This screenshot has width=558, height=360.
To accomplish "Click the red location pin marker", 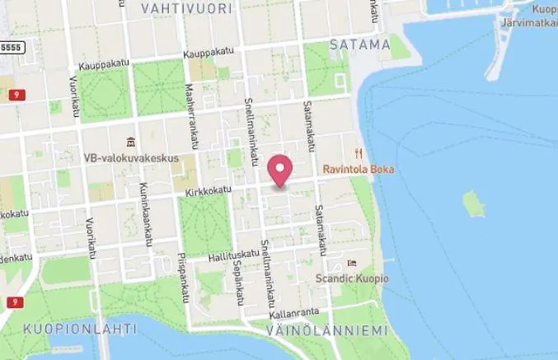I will [x=281, y=171].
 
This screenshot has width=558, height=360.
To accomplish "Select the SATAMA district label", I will [x=359, y=44].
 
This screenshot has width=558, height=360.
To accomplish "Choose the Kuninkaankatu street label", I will [x=148, y=214].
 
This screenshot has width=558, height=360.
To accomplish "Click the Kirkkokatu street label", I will [x=205, y=190].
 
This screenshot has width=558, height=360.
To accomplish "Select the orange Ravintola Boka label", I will [x=359, y=170].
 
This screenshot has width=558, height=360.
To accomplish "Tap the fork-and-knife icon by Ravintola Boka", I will [x=358, y=153].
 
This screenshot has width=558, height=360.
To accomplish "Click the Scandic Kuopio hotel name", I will [x=352, y=278].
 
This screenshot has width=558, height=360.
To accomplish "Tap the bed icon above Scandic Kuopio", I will [x=352, y=263].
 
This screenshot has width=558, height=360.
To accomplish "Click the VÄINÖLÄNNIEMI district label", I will [x=326, y=330].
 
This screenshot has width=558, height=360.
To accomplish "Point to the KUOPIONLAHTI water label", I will [x=79, y=329].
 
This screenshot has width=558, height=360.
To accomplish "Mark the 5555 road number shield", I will [x=12, y=48].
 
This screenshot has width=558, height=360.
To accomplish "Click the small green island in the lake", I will [x=473, y=203].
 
